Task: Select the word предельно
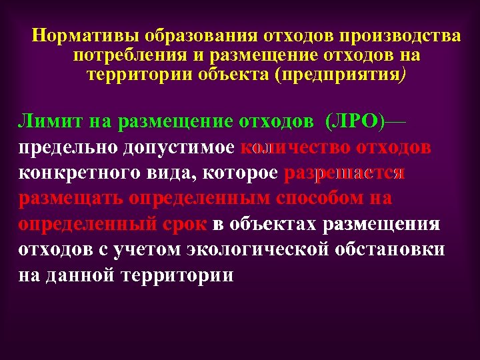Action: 64,148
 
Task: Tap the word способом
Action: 320,199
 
